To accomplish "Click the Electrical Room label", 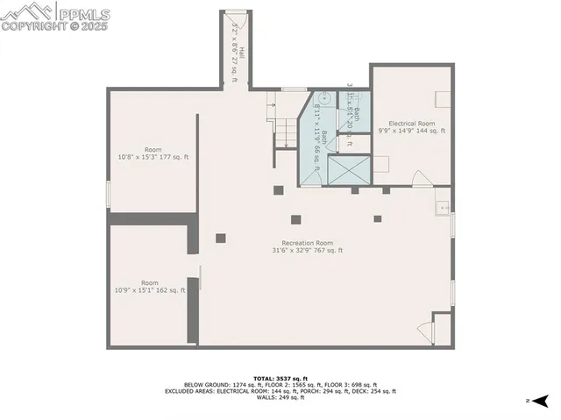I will click(x=412, y=127).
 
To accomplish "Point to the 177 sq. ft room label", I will click(x=153, y=153).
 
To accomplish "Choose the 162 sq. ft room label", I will click(x=150, y=287).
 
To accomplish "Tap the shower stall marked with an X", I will click(x=348, y=168).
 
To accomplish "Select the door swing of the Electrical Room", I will click(x=422, y=179).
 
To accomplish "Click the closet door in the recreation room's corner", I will click(x=425, y=331).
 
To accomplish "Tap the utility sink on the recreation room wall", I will click(x=444, y=208).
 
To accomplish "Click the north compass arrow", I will click(x=541, y=401).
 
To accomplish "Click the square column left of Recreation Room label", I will click(x=220, y=238).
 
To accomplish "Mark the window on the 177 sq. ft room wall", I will click(x=108, y=193).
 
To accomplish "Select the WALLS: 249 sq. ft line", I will click(x=280, y=398).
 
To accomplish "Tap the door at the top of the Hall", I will click(x=236, y=11).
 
